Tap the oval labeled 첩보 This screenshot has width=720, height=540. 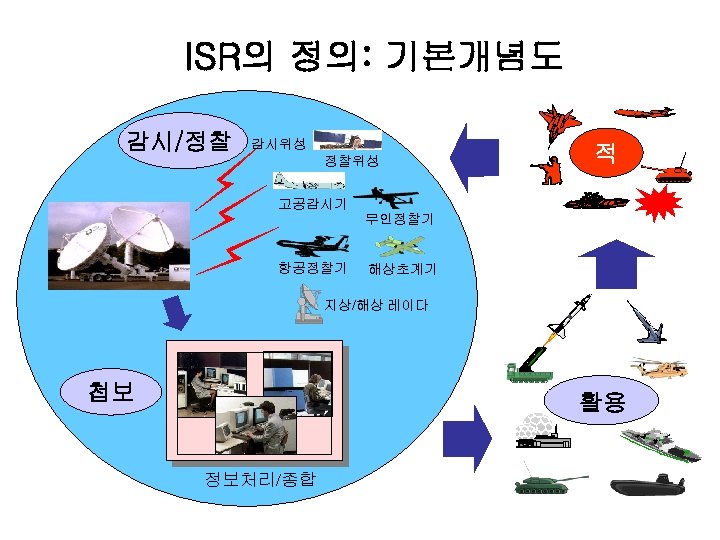(111, 391)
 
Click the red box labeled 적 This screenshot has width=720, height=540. (605, 153)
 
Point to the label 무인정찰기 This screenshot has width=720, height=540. (398, 218)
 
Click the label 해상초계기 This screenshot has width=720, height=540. (402, 269)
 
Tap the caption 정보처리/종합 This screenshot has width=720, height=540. (259, 479)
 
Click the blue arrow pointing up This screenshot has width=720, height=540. (603, 266)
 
